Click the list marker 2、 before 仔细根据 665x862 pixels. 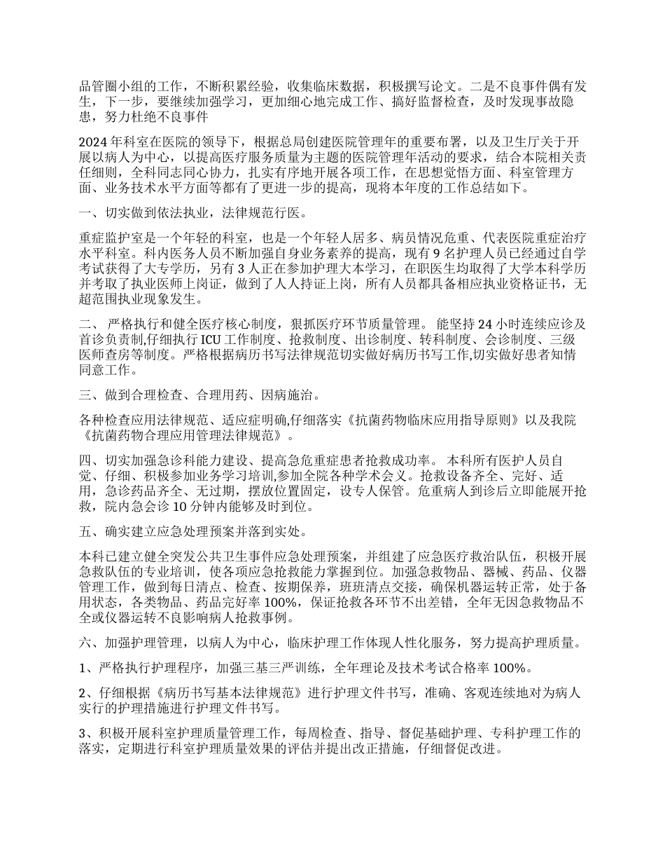tap(88, 693)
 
